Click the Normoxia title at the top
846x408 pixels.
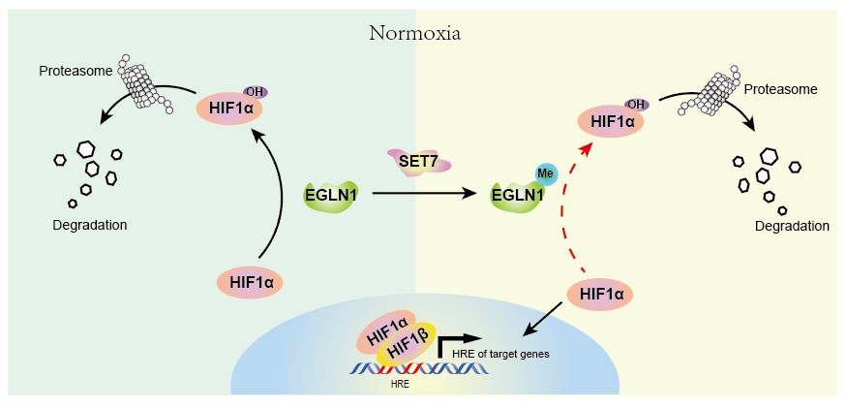[414, 33]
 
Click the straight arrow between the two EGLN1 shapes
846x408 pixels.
[426, 194]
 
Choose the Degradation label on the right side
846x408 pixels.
[792, 226]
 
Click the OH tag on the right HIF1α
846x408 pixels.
[636, 105]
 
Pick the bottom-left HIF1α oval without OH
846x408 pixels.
[252, 282]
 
